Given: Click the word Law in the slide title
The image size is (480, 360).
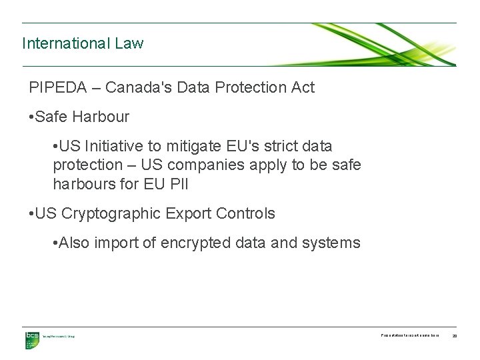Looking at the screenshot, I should [x=129, y=44].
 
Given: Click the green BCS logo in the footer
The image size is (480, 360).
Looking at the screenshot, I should [x=32, y=339].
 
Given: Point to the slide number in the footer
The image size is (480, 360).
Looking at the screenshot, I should [x=455, y=335].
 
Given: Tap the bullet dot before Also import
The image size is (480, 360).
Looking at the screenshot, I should [x=55, y=243].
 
